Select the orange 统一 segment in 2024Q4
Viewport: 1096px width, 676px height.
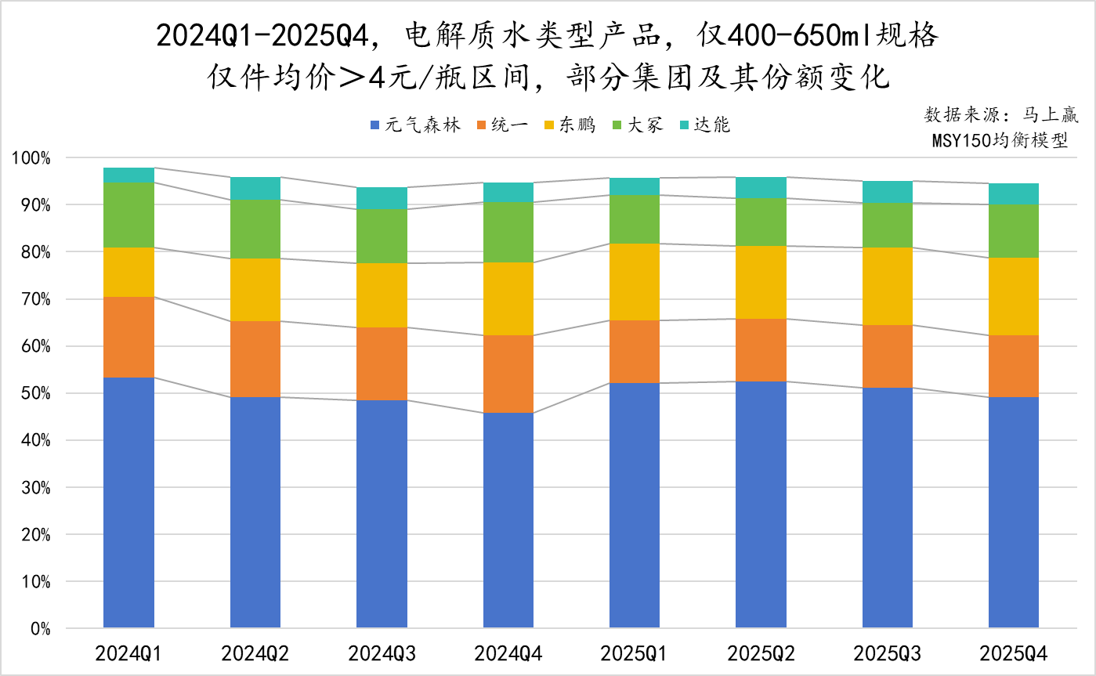click(x=508, y=374)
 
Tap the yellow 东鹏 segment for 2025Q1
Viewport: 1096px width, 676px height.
click(x=635, y=282)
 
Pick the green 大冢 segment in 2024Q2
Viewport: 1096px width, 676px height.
click(x=255, y=229)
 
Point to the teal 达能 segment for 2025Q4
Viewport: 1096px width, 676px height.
click(x=1014, y=194)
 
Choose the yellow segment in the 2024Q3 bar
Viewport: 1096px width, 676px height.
click(x=382, y=295)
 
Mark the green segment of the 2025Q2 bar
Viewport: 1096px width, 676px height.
click(x=761, y=222)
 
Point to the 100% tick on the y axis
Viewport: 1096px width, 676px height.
click(x=31, y=158)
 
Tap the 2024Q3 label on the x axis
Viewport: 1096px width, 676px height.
click(x=382, y=653)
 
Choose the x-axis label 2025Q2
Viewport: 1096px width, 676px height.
click(x=761, y=653)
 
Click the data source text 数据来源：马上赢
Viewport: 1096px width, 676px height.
click(x=1001, y=115)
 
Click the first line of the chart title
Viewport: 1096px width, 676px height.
click(x=547, y=35)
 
